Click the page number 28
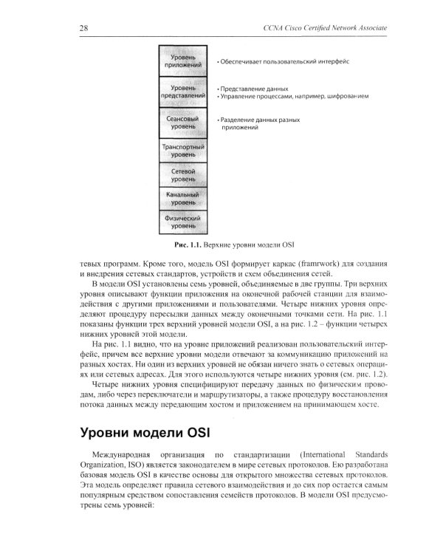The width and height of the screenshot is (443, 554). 84,28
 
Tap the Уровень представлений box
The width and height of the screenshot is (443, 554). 183,92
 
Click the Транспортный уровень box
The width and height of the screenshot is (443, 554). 183,151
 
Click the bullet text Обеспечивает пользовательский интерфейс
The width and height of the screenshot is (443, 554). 284,61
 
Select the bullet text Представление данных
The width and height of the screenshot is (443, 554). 254,88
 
